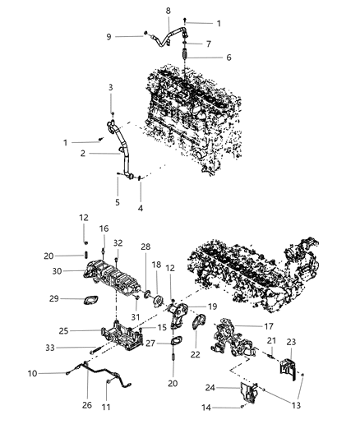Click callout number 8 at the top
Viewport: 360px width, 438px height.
pyautogui.click(x=168, y=10)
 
